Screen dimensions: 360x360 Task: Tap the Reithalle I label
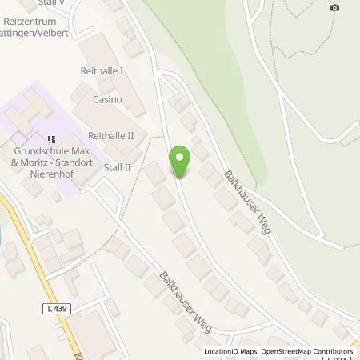click(102, 71)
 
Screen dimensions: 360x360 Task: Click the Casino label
click(107, 100)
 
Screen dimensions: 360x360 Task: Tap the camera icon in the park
click(334, 8)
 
